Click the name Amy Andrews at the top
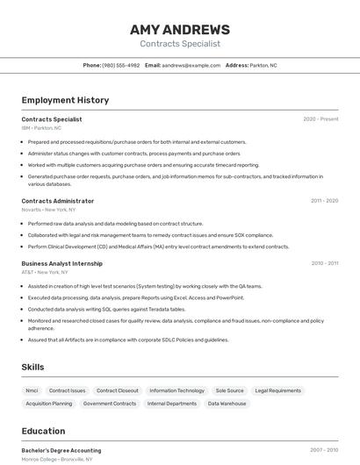point(180,29)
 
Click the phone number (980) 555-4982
point(120,66)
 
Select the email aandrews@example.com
point(191,66)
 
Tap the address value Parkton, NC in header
point(263,66)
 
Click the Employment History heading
point(65,100)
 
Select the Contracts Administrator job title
point(58,201)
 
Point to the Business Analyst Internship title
point(62,263)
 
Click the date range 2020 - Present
point(320,119)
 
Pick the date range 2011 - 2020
point(324,201)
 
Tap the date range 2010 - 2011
point(324,263)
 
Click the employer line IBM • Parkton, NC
point(41,128)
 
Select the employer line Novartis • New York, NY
point(48,210)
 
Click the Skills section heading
point(32,367)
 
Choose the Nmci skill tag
point(32,390)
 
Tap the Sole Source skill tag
point(229,390)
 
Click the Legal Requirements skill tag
point(277,390)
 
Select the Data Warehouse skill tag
point(227,404)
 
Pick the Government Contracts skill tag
point(110,404)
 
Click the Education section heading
point(43,431)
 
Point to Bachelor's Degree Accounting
point(61,450)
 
